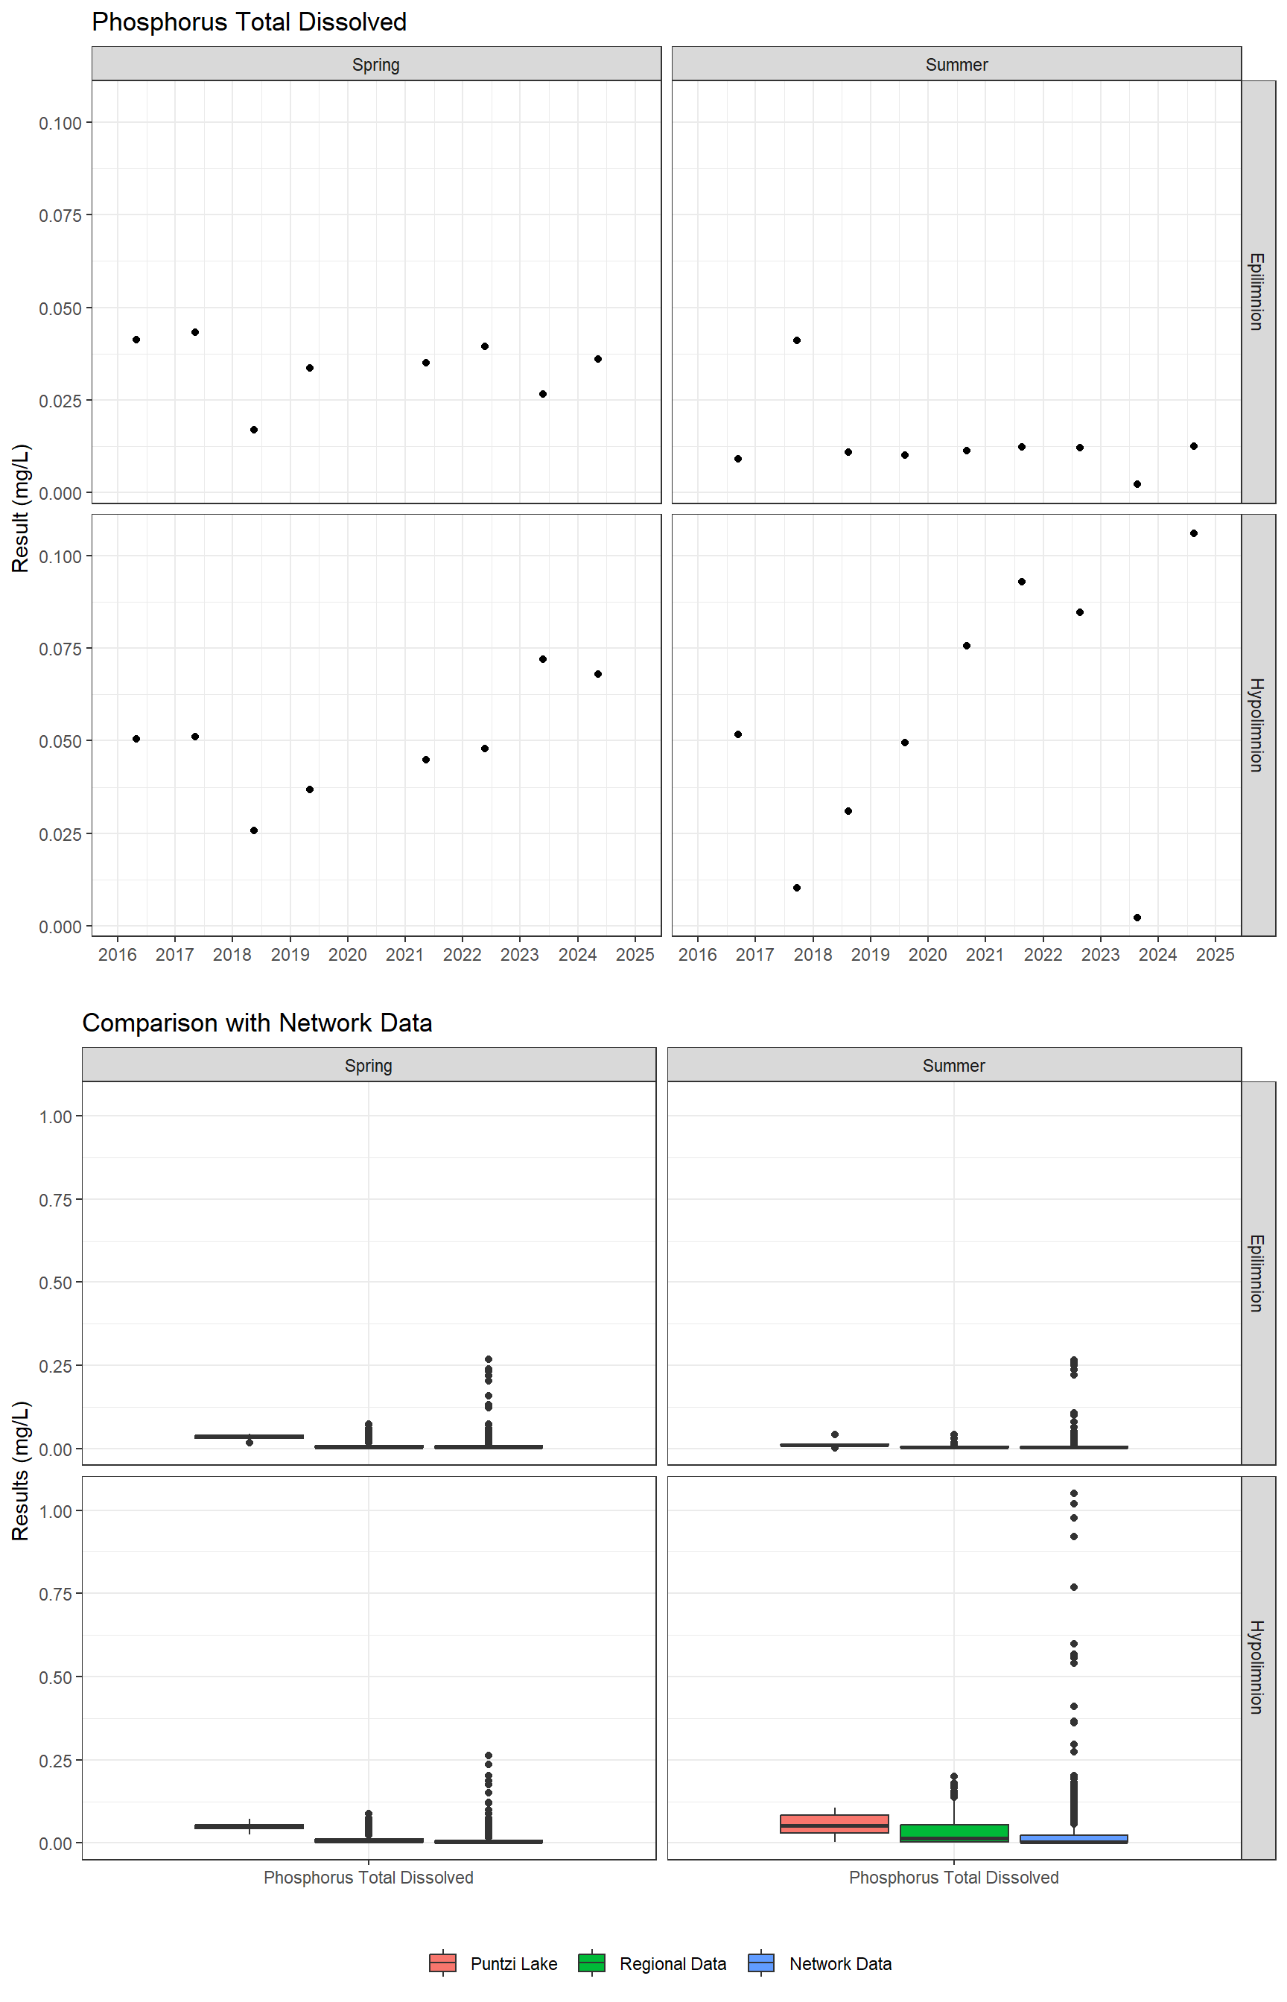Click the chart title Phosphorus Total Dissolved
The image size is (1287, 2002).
(x=249, y=22)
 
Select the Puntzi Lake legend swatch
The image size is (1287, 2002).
(x=442, y=1963)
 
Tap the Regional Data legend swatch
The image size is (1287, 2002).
(x=591, y=1963)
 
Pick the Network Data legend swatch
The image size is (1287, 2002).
(x=761, y=1963)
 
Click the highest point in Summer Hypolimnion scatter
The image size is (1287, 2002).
(x=1193, y=533)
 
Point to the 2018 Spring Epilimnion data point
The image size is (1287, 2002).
(x=254, y=430)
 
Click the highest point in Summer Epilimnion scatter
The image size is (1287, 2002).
(x=796, y=340)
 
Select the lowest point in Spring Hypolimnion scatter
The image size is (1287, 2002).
(x=254, y=830)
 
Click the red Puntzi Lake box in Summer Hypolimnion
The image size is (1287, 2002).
(x=834, y=1823)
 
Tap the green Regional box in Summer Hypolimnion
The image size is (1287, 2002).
(x=953, y=1832)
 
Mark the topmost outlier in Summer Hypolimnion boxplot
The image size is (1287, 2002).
(x=1074, y=1493)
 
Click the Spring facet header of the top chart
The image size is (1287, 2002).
(x=376, y=64)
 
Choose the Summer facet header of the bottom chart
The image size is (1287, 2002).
(x=953, y=1065)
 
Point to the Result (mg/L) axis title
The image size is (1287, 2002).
(x=21, y=507)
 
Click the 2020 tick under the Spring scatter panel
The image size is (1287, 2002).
(x=347, y=954)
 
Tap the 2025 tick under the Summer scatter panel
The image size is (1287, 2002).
(x=1215, y=954)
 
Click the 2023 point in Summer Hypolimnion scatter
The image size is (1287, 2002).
(x=1137, y=918)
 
